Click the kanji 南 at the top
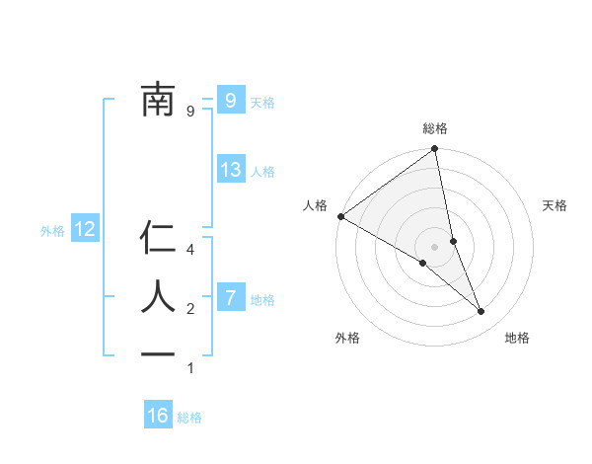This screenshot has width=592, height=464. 158,101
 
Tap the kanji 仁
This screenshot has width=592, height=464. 158,239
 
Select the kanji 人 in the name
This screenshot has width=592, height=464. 158,296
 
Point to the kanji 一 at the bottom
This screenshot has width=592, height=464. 158,353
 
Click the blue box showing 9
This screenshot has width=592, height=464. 230,100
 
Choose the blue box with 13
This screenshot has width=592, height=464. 230,170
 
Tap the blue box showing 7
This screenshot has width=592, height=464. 230,297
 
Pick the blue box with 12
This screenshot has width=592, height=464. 85,230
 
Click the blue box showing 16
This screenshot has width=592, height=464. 158,416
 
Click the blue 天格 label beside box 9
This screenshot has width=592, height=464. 262,102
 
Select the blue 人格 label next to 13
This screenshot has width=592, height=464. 262,172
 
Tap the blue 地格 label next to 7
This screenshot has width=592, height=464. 262,299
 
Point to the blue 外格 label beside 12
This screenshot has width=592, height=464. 52,231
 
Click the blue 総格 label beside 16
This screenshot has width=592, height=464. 189,418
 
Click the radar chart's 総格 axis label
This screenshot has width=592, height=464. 434,128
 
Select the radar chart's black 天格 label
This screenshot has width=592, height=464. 555,205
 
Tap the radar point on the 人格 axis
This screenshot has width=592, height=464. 340,216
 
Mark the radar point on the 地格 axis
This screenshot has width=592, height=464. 481,312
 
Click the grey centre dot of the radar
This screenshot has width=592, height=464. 434,247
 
